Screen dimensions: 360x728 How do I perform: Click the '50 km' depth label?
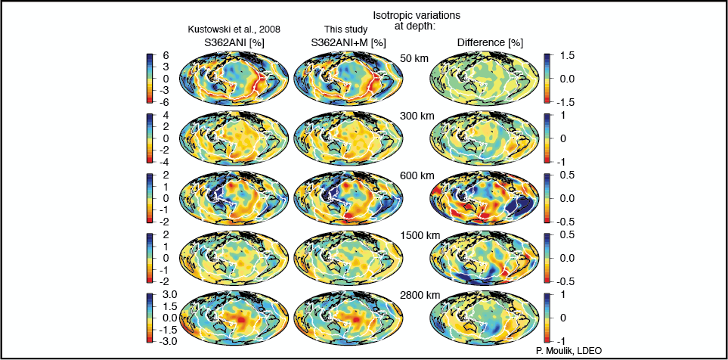pos(414,58)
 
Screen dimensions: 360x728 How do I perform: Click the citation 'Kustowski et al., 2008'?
pos(239,29)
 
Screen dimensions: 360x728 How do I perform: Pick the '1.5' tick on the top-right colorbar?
pos(568,56)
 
